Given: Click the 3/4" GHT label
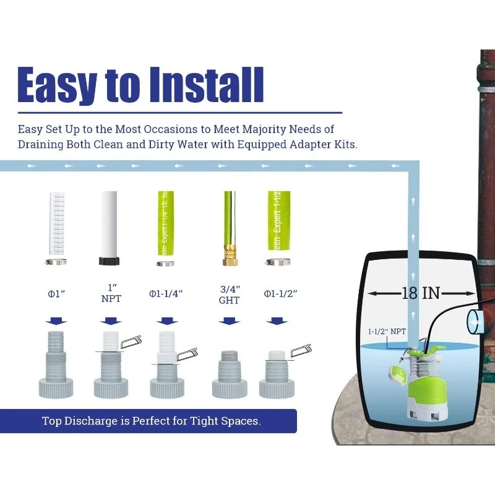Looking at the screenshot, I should coord(229,295).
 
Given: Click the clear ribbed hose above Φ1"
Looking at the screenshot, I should coord(56,223).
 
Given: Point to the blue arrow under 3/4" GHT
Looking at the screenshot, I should coord(229,321).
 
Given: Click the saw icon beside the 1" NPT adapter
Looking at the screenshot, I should coord(131,341).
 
